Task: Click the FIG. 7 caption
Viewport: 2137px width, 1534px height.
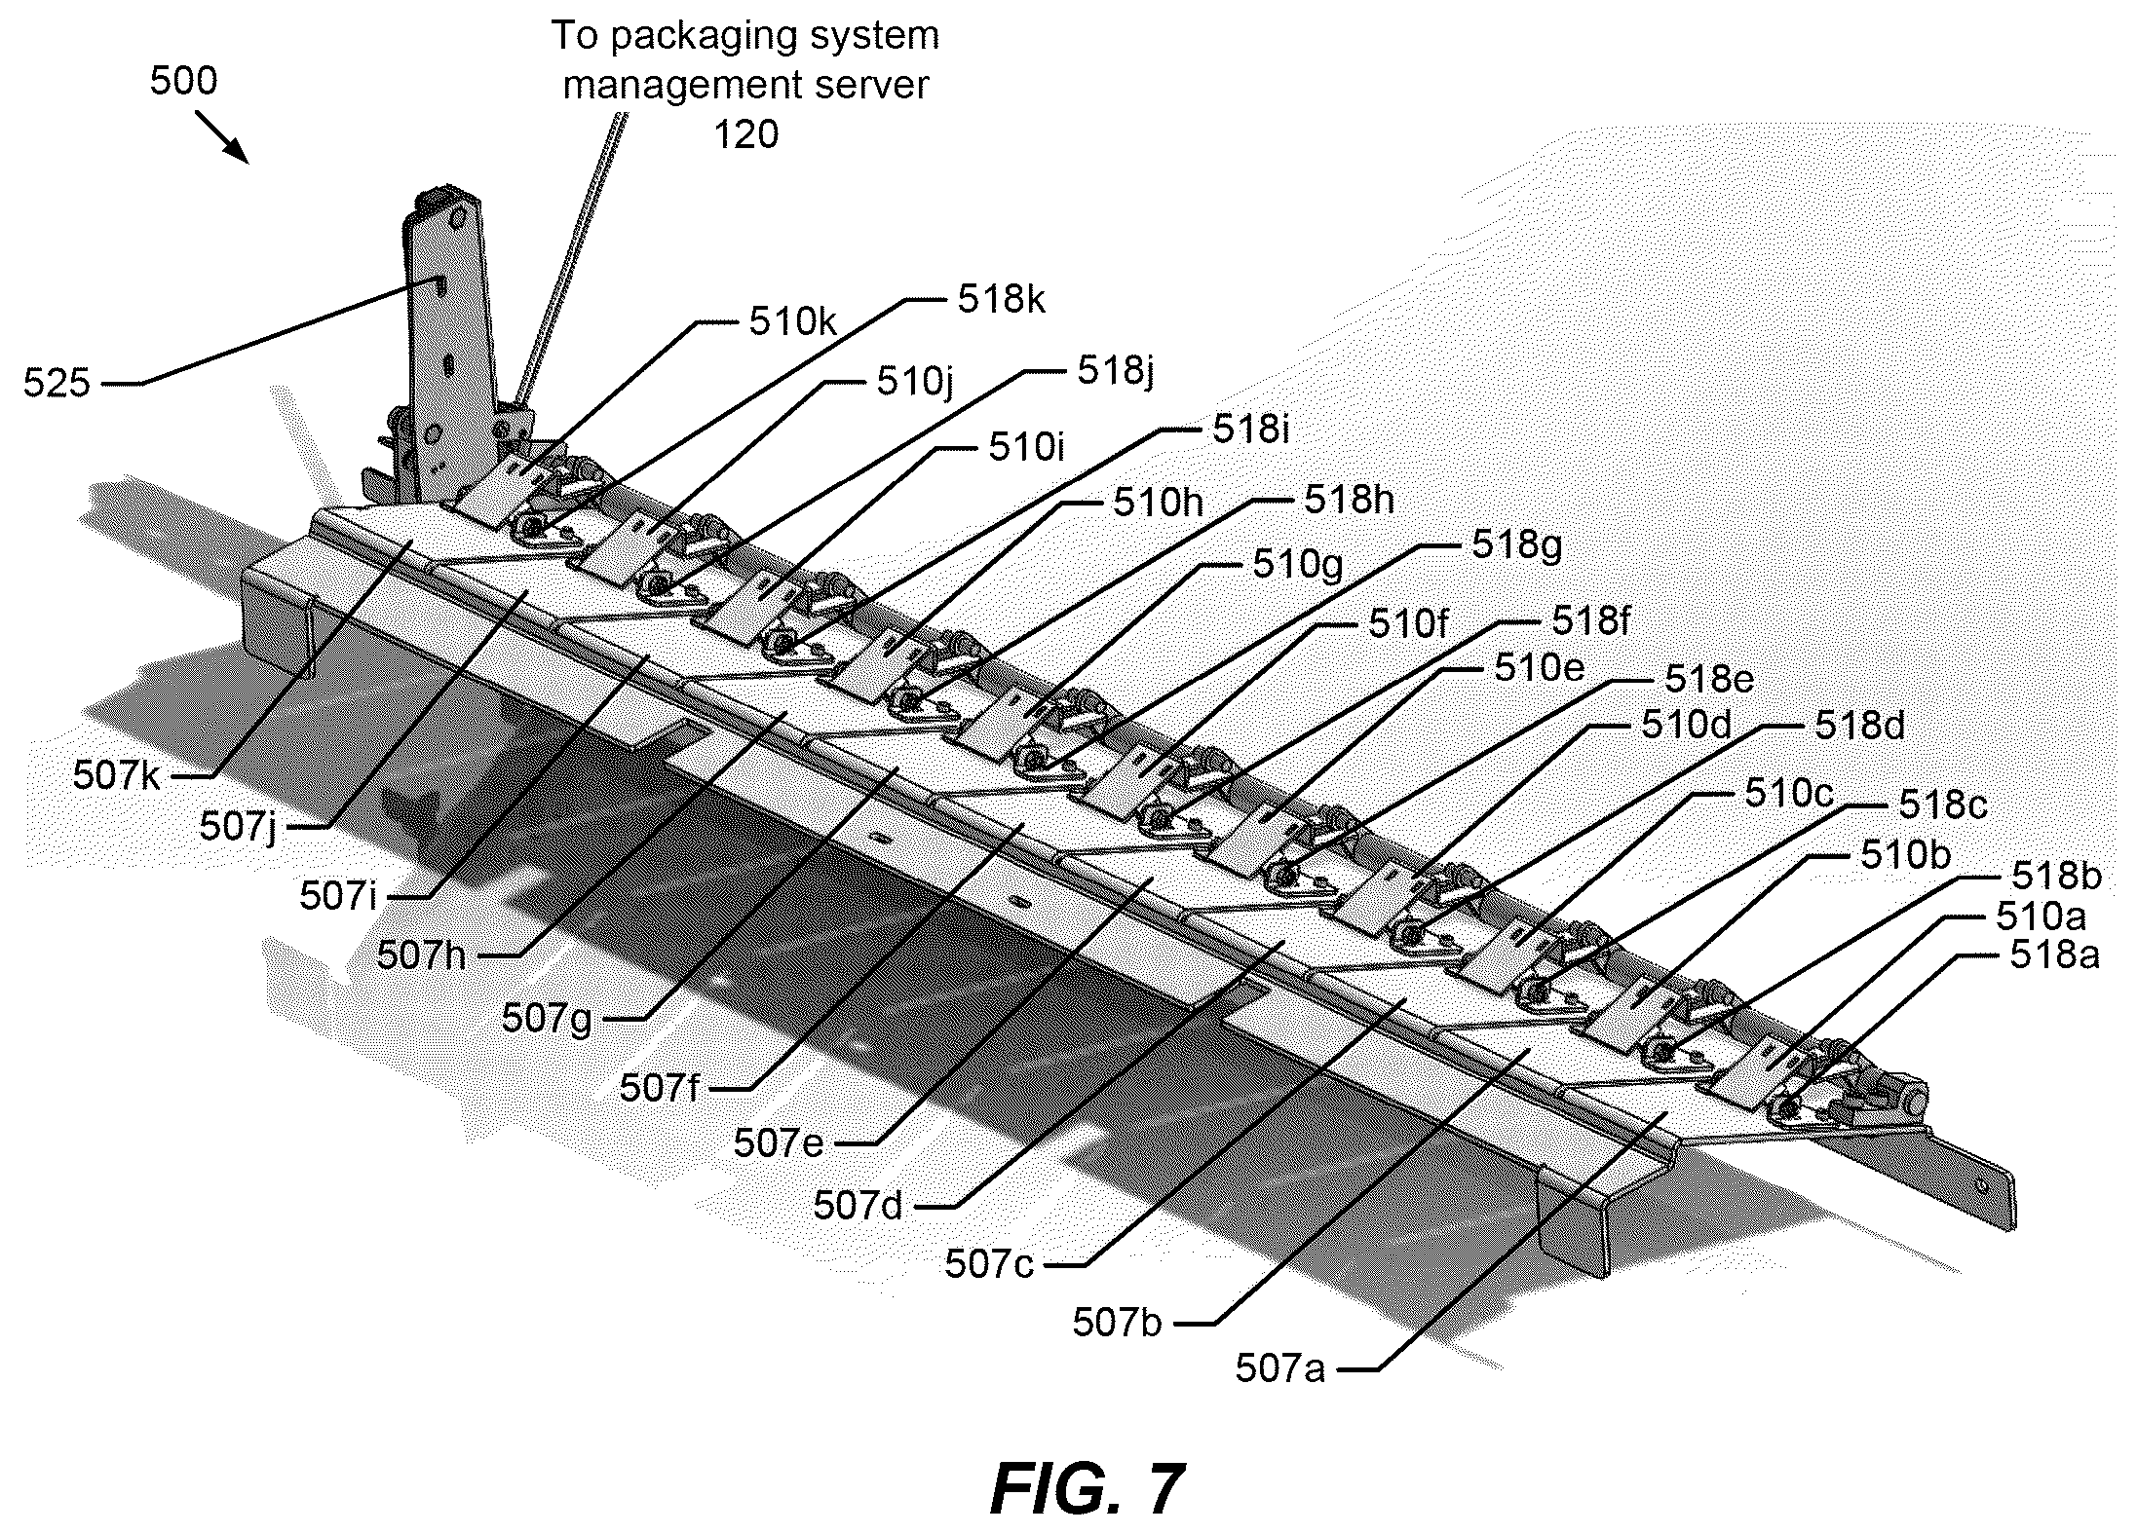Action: [1088, 1489]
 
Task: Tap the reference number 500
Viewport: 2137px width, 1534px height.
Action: [184, 81]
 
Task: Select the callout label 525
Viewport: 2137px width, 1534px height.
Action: [57, 384]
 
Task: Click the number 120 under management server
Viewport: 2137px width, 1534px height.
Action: [746, 133]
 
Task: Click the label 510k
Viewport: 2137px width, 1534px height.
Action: [792, 321]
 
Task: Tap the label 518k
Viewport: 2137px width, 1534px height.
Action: [1002, 299]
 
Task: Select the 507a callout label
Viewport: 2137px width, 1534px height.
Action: [1280, 1368]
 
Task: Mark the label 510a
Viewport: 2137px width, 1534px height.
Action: [2041, 916]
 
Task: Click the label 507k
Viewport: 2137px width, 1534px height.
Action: [116, 775]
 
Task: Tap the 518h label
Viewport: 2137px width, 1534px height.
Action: [1349, 500]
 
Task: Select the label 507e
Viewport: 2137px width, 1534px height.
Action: [779, 1142]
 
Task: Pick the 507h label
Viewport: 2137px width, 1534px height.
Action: [422, 955]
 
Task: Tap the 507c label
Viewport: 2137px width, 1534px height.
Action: [989, 1264]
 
